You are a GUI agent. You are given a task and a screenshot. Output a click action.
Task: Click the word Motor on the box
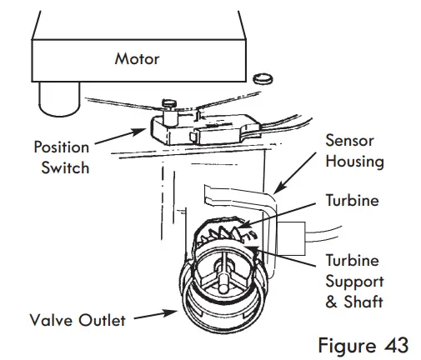tap(137, 60)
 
